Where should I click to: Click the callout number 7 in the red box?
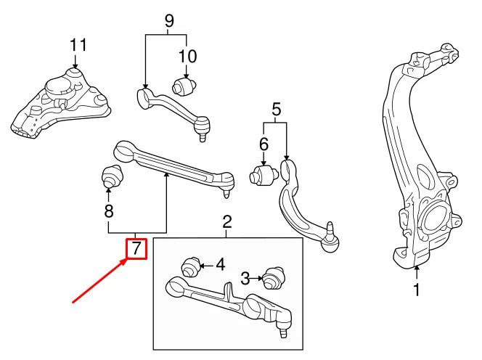pyautogui.click(x=136, y=249)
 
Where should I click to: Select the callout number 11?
pyautogui.click(x=78, y=45)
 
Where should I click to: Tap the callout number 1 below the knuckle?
pyautogui.click(x=417, y=290)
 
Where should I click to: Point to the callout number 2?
pyautogui.click(x=226, y=221)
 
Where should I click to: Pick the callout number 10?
pyautogui.click(x=187, y=56)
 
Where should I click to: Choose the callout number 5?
pyautogui.click(x=276, y=110)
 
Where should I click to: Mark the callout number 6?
pyautogui.click(x=264, y=144)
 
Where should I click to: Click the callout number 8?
pyautogui.click(x=109, y=213)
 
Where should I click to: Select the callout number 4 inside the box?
pyautogui.click(x=220, y=264)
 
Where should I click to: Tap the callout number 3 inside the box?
pyautogui.click(x=245, y=277)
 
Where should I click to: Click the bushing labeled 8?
pyautogui.click(x=110, y=176)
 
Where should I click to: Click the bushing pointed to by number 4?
pyautogui.click(x=191, y=266)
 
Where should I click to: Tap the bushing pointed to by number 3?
pyautogui.click(x=274, y=279)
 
